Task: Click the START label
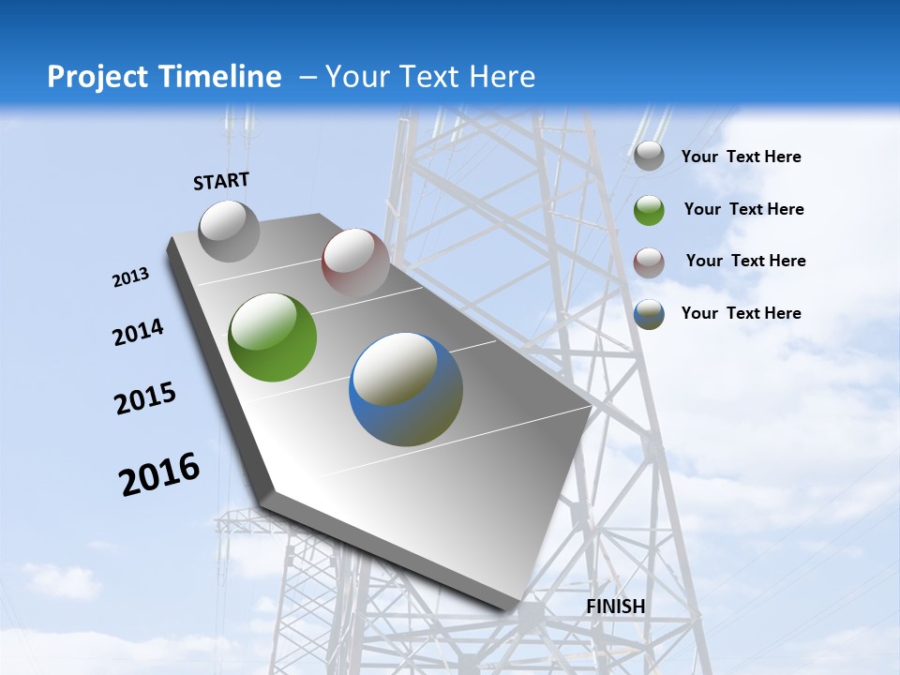pyautogui.click(x=221, y=181)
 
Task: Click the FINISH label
pyautogui.click(x=616, y=607)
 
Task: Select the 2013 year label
pyautogui.click(x=131, y=277)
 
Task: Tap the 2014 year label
pyautogui.click(x=139, y=332)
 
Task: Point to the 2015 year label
pyautogui.click(x=145, y=398)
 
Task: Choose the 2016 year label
pyautogui.click(x=159, y=473)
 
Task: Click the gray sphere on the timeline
pyautogui.click(x=229, y=231)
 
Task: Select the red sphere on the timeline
pyautogui.click(x=355, y=262)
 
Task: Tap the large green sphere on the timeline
pyautogui.click(x=272, y=337)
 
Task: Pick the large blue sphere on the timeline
pyautogui.click(x=406, y=389)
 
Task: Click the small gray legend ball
pyautogui.click(x=649, y=157)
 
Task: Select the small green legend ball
pyautogui.click(x=649, y=210)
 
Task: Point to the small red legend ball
pyautogui.click(x=649, y=262)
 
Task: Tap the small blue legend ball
pyautogui.click(x=649, y=314)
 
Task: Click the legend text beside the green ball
pyautogui.click(x=743, y=209)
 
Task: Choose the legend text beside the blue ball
pyautogui.click(x=741, y=313)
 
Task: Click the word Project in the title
pyautogui.click(x=99, y=77)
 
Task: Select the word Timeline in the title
pyautogui.click(x=222, y=77)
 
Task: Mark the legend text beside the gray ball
pyautogui.click(x=741, y=157)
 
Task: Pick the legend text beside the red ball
pyautogui.click(x=745, y=261)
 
